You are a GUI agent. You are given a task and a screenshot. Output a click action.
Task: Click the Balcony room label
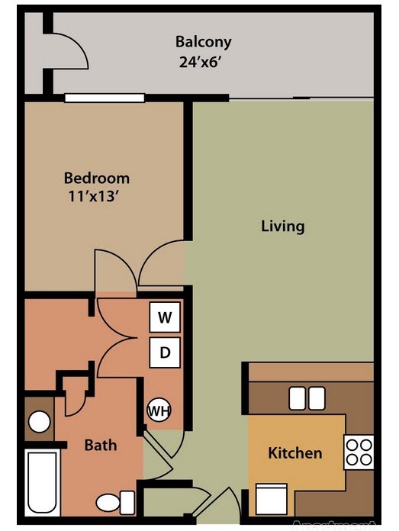coord(203,41)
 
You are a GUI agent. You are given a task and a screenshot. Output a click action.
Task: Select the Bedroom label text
coord(96,178)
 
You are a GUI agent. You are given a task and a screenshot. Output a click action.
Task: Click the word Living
coord(282,226)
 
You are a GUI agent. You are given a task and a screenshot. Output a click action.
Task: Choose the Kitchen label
coord(294,453)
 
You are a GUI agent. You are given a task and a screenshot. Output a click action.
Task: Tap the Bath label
coord(100,444)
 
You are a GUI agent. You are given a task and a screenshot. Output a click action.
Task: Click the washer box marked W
coord(164,317)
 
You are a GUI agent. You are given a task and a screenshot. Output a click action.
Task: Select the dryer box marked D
coord(164,352)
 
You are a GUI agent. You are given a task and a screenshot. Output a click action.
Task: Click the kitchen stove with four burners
coord(359,451)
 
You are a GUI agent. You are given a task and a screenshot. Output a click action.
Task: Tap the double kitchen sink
coord(307,397)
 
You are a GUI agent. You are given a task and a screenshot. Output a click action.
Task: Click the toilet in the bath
coord(114,502)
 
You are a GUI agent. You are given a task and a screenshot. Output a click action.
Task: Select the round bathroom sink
coord(38,422)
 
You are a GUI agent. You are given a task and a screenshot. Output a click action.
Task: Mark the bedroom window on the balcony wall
coord(104,97)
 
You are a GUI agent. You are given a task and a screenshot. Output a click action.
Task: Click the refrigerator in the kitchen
coord(271,500)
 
